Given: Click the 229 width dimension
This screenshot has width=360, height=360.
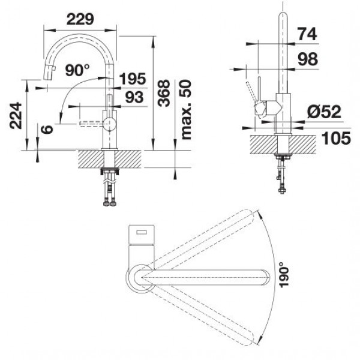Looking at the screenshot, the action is pos(80,19).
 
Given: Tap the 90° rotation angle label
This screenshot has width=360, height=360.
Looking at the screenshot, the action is pos(77,70).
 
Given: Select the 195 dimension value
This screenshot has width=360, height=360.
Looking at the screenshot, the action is pos(133,79).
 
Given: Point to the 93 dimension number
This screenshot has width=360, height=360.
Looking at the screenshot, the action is pos(134,97).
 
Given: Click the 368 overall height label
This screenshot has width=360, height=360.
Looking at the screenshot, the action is pos(164,93).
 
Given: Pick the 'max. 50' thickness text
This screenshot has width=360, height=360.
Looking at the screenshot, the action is pos(185,110).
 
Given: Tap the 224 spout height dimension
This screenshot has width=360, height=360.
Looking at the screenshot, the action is pos(16,115).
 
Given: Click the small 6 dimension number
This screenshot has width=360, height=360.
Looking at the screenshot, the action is pos(47,129).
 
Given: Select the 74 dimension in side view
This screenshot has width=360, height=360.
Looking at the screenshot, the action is pos(307,34).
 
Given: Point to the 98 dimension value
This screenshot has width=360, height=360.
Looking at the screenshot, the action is pos(308,59).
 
